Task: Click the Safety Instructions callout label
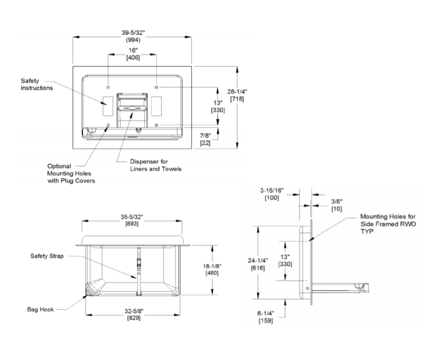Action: pyautogui.click(x=36, y=84)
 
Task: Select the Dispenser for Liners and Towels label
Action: pyautogui.click(x=156, y=165)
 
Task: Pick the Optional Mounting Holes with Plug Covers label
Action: pyautogui.click(x=71, y=173)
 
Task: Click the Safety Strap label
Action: pyautogui.click(x=47, y=256)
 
